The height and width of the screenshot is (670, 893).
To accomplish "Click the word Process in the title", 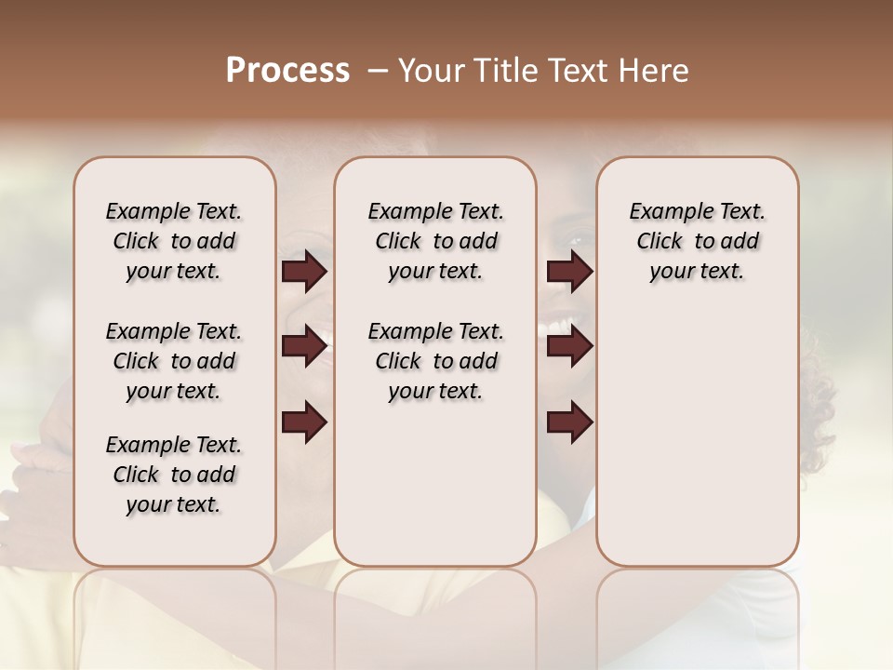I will [287, 71].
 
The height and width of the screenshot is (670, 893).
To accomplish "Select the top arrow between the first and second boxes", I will [304, 272].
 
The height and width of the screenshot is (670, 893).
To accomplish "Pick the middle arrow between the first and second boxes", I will [304, 346].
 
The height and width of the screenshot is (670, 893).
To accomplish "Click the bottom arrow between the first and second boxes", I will [304, 422].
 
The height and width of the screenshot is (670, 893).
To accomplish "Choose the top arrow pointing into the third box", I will [569, 272].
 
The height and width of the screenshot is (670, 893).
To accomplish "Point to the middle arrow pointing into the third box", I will [569, 346].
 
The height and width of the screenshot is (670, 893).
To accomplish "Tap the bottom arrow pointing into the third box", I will [569, 422].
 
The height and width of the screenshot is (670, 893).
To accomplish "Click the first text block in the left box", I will [174, 241].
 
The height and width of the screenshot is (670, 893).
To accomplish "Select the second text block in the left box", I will [174, 361].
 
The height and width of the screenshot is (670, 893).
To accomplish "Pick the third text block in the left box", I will [174, 475].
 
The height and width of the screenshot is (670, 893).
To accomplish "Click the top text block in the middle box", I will [435, 241].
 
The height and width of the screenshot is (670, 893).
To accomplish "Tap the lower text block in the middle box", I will [435, 361].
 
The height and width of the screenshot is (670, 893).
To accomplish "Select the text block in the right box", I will [698, 241].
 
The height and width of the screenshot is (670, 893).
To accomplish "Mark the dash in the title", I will [378, 71].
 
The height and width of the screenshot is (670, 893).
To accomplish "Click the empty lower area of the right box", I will [698, 437].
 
